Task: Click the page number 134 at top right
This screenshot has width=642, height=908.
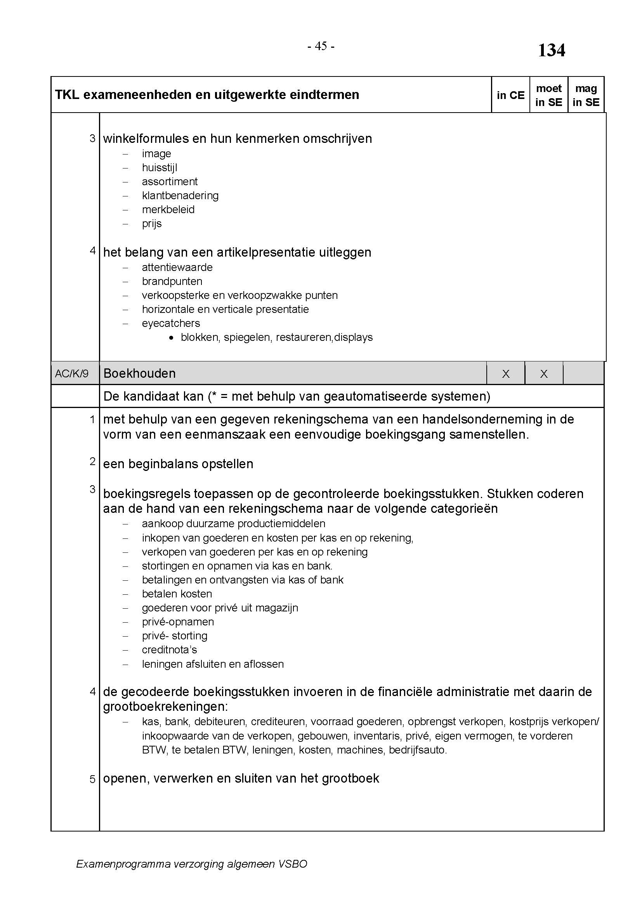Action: pos(552,50)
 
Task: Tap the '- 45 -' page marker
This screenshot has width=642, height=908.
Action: pos(321,47)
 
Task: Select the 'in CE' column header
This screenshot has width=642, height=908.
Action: pos(510,95)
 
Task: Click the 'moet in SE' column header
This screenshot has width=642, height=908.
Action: pos(549,95)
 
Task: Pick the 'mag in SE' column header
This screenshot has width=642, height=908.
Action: pos(586,95)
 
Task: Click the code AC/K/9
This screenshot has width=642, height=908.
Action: pos(71,374)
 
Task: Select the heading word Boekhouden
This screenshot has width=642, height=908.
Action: pos(139,374)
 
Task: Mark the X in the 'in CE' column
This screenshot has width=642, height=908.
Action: pos(506,374)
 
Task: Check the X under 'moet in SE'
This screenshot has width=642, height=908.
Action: pos(543,374)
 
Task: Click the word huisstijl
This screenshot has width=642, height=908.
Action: pos(159,168)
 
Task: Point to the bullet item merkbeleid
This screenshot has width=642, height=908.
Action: pos(168,210)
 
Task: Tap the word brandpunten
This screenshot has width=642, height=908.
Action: pos(172,281)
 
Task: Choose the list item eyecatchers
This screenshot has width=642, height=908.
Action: pos(171,323)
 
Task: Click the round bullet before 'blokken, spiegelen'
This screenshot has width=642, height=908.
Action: pos(171,338)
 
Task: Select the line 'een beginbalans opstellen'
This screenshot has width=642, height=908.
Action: pos(178,464)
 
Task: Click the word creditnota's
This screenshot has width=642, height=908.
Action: pos(169,650)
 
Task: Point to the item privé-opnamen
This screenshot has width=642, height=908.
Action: pos(177,622)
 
